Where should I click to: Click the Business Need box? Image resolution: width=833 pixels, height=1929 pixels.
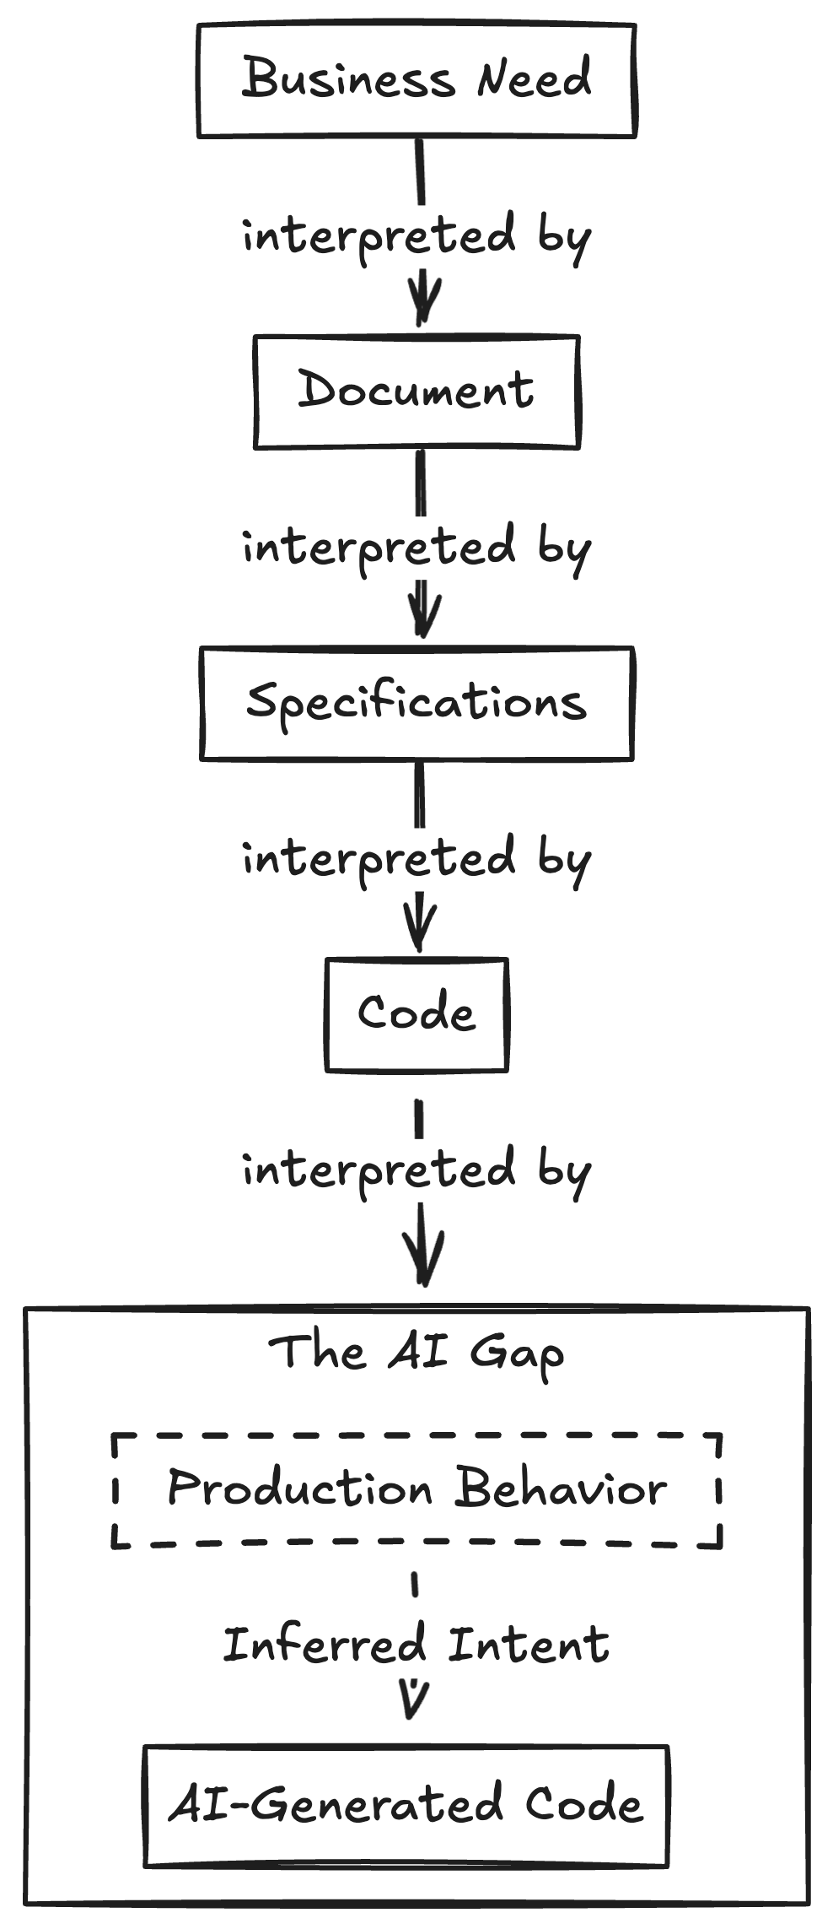416,81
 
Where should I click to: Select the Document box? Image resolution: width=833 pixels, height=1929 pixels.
416,392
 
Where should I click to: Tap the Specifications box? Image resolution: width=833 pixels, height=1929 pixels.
416,703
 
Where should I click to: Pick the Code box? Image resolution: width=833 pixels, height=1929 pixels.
416,1014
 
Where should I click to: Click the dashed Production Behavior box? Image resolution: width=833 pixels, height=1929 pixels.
416,1489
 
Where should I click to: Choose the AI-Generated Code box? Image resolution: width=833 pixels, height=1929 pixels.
406,1806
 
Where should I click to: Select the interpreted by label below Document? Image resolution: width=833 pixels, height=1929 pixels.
416,548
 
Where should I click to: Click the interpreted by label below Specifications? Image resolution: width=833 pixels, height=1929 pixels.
416,860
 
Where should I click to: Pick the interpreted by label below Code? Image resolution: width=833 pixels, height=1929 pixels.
416,1171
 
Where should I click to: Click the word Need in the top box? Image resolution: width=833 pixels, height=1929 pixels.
534,79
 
